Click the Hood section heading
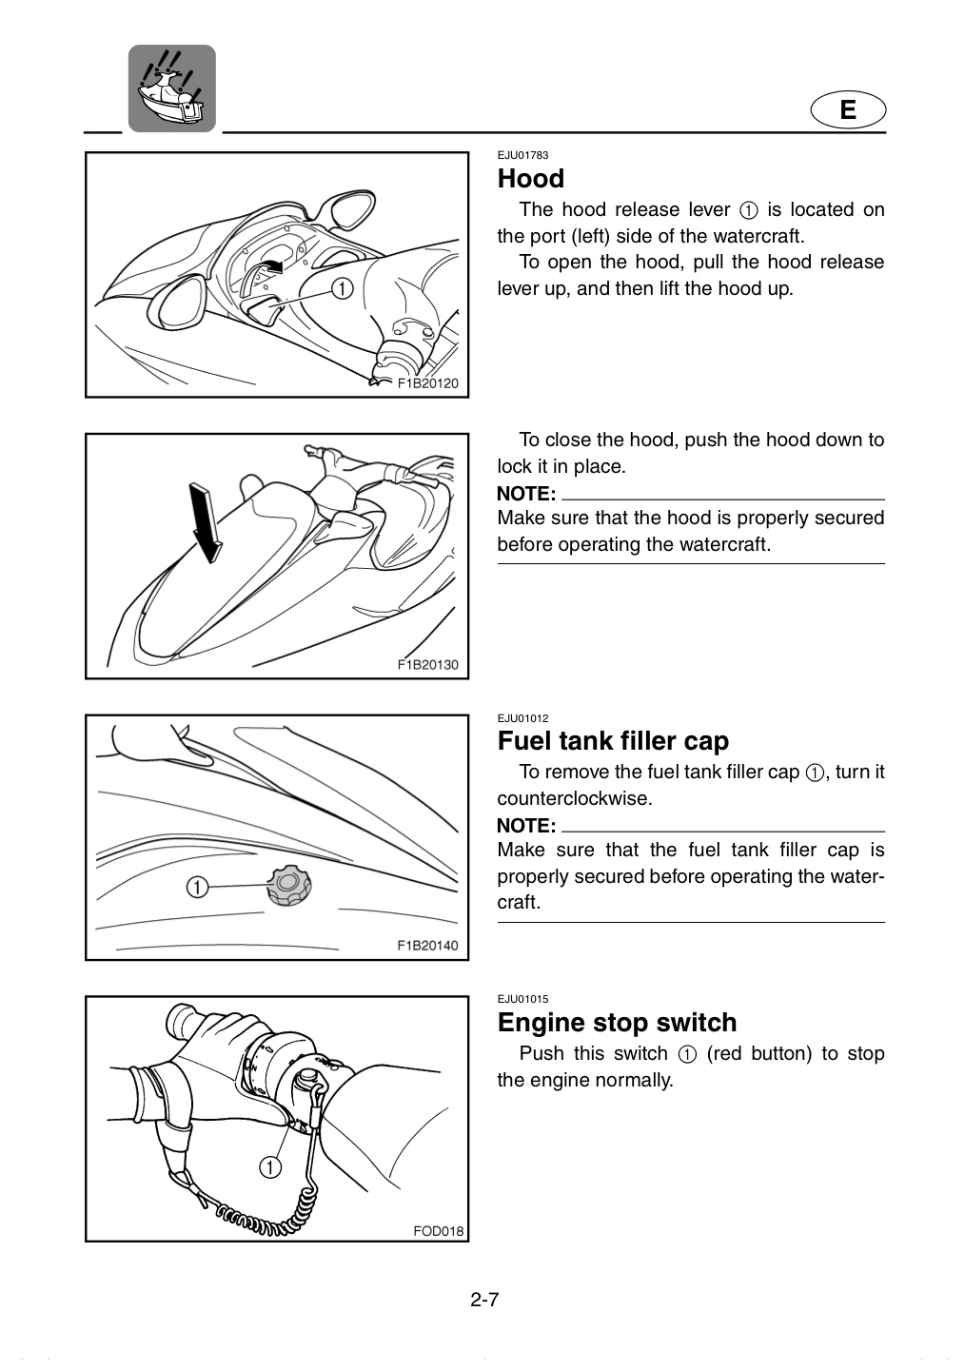click(530, 179)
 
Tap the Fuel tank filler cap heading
click(613, 740)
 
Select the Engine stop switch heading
click(617, 1022)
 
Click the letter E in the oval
click(848, 109)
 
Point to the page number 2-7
click(484, 1316)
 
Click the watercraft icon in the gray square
click(172, 88)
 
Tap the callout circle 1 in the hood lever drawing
click(342, 288)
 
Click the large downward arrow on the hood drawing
click(205, 521)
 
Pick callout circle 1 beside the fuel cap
click(197, 887)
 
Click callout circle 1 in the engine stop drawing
click(270, 1167)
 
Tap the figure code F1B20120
click(427, 383)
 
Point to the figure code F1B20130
click(427, 665)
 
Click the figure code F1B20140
click(427, 946)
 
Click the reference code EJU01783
click(522, 155)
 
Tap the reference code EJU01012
click(522, 718)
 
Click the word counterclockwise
click(574, 798)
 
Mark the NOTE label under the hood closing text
click(526, 493)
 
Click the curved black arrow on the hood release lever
click(270, 265)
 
